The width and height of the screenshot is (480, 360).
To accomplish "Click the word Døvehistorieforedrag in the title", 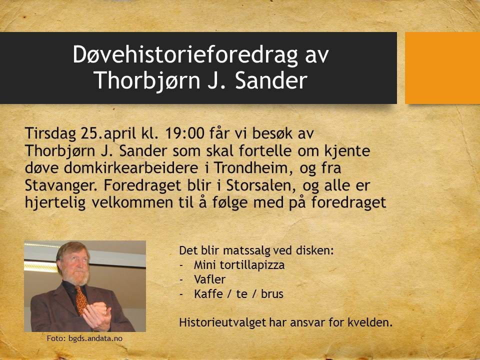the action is tap(185, 54).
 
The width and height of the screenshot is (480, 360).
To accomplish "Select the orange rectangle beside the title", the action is tap(442, 68).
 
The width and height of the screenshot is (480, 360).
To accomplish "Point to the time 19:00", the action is tap(184, 133).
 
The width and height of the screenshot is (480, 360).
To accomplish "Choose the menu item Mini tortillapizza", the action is tap(239, 265).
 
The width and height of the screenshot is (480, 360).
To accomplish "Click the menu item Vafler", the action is tap(209, 279).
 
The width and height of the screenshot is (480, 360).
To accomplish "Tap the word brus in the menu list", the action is tap(272, 294).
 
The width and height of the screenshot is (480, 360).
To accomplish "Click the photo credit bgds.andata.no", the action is tap(95, 338).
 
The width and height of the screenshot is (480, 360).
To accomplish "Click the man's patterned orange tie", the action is tap(81, 300).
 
